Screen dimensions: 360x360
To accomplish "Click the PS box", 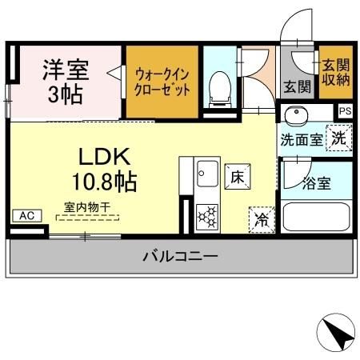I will click(345, 112).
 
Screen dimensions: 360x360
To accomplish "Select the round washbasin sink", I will click(297, 114).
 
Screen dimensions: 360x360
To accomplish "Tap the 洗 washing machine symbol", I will click(340, 137).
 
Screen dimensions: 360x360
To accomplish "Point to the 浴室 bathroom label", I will click(316, 183).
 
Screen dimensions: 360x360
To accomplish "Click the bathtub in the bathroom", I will click(318, 217).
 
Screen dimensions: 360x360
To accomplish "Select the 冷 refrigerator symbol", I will click(260, 218).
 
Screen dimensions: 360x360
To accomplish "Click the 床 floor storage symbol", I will click(236, 177).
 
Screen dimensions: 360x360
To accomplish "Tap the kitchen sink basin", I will click(207, 172).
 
